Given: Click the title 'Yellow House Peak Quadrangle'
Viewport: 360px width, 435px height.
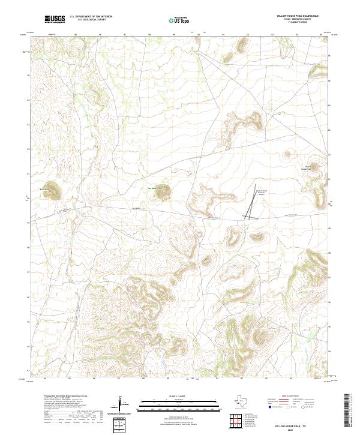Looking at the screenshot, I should point(298,16).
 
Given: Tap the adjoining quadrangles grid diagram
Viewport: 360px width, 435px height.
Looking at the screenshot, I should point(235,422).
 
